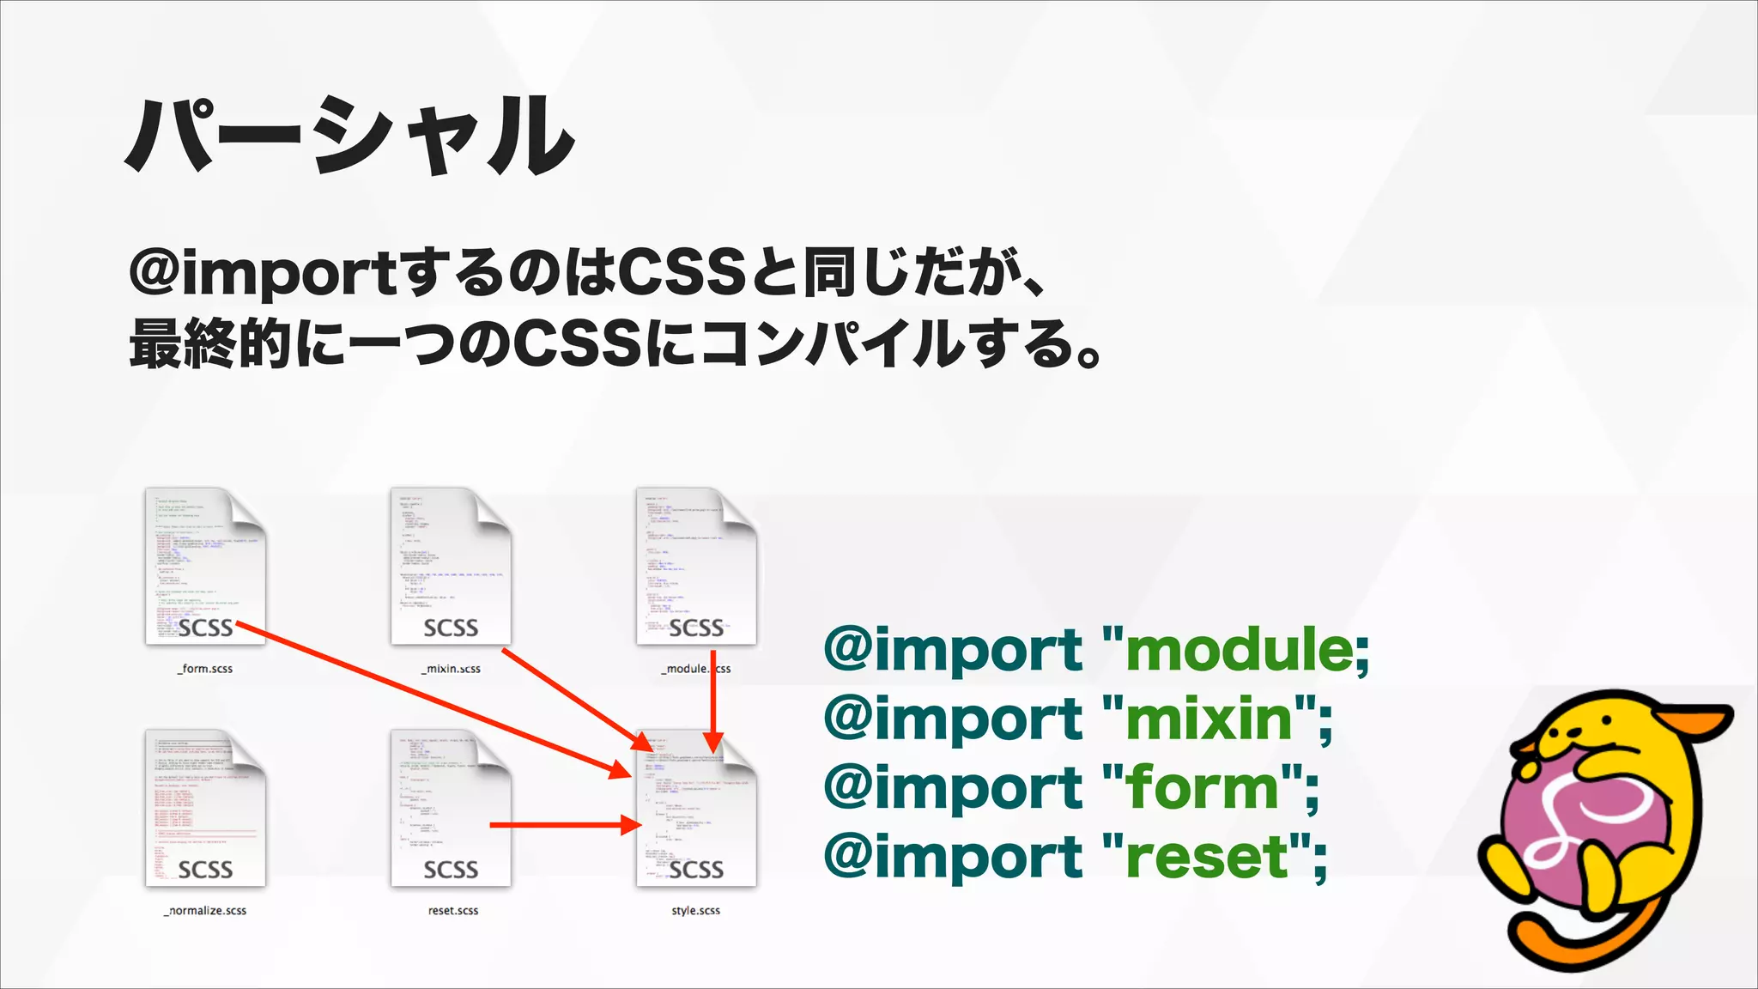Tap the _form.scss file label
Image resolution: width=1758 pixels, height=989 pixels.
coord(205,669)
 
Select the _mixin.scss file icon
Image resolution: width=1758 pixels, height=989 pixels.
coord(451,567)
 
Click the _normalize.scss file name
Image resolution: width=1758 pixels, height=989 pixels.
coord(206,911)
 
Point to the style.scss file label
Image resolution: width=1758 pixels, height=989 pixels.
coord(695,911)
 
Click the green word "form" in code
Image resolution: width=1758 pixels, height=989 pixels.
coord(1202,788)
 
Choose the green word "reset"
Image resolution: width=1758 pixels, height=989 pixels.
coord(1207,858)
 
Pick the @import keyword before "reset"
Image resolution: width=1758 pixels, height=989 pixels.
coord(953,858)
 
